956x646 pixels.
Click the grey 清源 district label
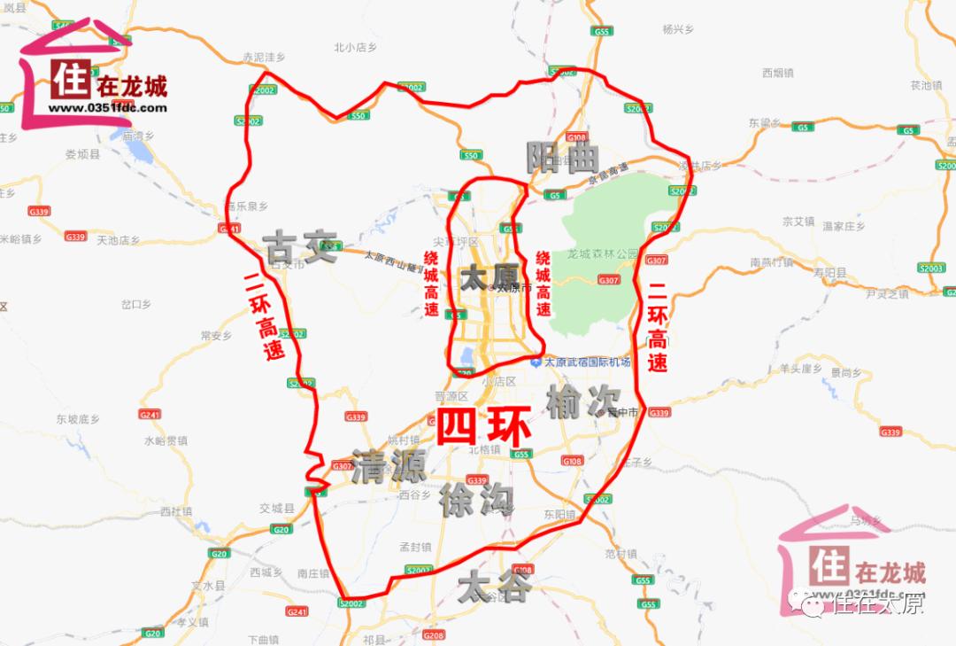[389, 466]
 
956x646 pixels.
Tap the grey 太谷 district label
[495, 587]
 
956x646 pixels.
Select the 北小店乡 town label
[356, 48]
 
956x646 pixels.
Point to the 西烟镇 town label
[779, 73]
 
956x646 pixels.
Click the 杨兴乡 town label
[678, 29]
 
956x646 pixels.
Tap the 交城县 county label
[276, 508]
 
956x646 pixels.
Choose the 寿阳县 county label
[829, 273]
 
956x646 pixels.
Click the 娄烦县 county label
[83, 153]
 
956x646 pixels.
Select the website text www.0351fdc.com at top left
[107, 108]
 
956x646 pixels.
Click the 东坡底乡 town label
[79, 418]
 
